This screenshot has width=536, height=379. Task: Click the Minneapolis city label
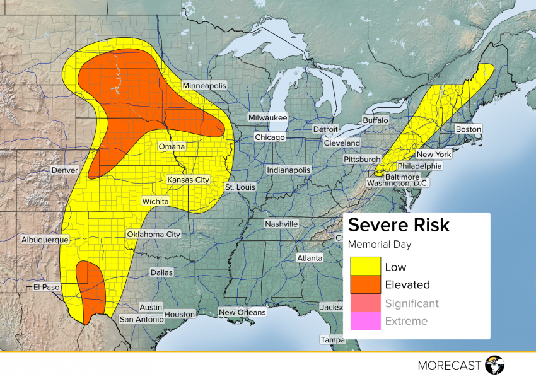click(x=204, y=85)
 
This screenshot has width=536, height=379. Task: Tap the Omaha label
click(x=172, y=146)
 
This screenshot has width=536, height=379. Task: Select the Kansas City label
click(x=188, y=180)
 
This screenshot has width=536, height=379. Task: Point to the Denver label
click(x=65, y=170)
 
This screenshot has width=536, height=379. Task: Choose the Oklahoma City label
click(x=154, y=234)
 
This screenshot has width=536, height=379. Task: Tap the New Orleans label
click(x=242, y=312)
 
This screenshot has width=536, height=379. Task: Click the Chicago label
click(x=270, y=137)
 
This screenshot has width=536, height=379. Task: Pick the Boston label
click(x=468, y=129)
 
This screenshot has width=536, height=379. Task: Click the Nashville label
click(x=281, y=224)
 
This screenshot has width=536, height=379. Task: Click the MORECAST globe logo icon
click(x=495, y=364)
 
